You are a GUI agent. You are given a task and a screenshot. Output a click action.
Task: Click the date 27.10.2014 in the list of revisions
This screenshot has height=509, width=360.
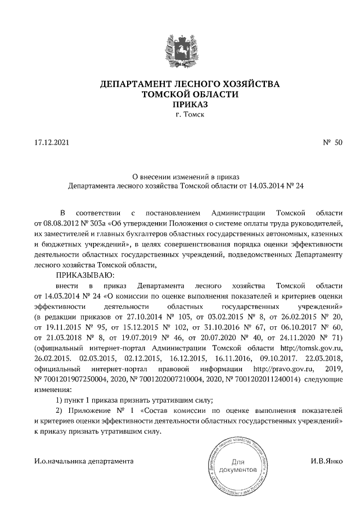[138, 317]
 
